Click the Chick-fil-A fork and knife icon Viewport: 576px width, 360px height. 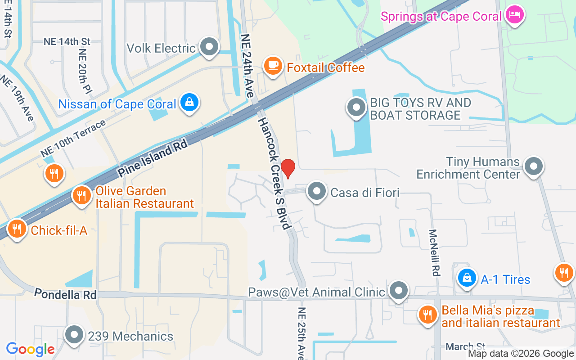point(17,229)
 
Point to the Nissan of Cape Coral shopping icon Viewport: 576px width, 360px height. point(190,103)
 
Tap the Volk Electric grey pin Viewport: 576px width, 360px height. point(209,47)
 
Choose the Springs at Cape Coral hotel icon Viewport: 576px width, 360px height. point(514,15)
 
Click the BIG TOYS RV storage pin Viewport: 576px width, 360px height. point(356,108)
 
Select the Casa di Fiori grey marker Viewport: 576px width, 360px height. point(317,192)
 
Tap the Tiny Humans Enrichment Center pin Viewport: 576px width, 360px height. point(534,166)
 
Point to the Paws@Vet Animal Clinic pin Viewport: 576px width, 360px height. point(399,291)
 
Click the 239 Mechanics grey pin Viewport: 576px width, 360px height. point(74,335)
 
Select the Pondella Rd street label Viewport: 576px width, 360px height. point(66,295)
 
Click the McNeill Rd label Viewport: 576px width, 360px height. point(434,253)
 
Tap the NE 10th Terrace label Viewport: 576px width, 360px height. point(73,138)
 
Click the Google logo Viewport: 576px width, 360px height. point(30,349)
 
